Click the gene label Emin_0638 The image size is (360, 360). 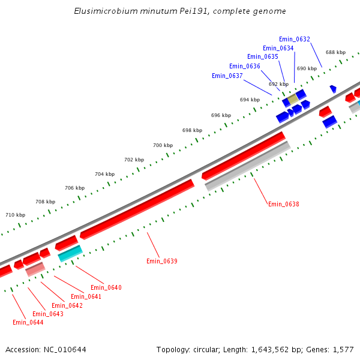[x=283, y=204]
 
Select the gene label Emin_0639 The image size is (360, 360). [x=162, y=261]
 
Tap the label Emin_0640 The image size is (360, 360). [x=106, y=287]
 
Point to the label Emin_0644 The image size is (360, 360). [x=28, y=322]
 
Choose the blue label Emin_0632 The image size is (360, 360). [x=295, y=39]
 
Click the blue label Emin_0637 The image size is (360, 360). [x=227, y=76]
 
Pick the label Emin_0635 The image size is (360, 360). [x=263, y=56]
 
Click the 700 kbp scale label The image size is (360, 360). [x=163, y=145]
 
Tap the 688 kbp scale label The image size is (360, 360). [x=335, y=52]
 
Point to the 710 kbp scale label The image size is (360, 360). [x=16, y=215]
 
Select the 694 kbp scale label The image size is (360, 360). [x=250, y=100]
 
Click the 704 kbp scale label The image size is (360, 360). [x=104, y=174]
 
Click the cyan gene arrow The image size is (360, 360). [x=70, y=253]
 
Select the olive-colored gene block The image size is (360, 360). [x=292, y=98]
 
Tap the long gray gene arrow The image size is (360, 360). [x=248, y=166]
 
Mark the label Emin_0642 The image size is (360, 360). [x=67, y=305]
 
